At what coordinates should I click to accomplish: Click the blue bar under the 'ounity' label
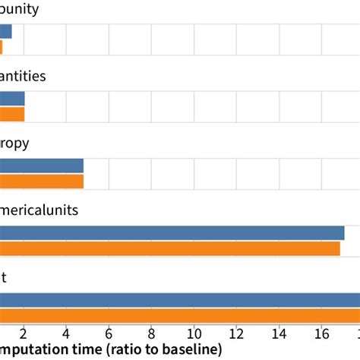[6, 31]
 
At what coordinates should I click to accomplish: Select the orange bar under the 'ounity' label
[2, 47]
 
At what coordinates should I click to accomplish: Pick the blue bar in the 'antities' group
[12, 99]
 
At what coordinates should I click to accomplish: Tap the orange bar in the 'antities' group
[12, 115]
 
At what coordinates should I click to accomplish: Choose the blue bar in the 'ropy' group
[42, 166]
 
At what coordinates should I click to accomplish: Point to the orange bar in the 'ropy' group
[42, 182]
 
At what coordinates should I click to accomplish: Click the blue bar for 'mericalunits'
[172, 233]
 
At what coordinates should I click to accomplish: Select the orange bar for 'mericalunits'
[170, 249]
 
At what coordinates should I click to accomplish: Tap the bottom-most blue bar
[180, 300]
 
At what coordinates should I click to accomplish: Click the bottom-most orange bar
[180, 317]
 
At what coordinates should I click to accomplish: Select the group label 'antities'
[23, 76]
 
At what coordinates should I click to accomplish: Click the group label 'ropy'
[15, 144]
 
